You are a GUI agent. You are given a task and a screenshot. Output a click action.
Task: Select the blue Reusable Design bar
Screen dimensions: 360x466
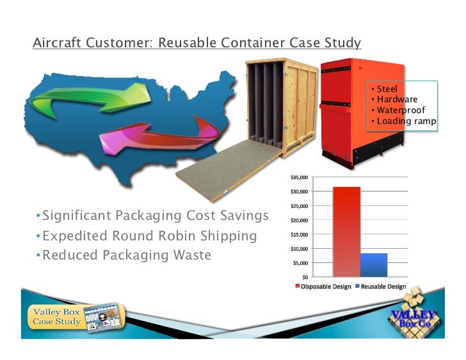pyautogui.click(x=374, y=265)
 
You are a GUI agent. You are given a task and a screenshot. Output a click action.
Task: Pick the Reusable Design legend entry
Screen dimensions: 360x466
pyautogui.click(x=383, y=286)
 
